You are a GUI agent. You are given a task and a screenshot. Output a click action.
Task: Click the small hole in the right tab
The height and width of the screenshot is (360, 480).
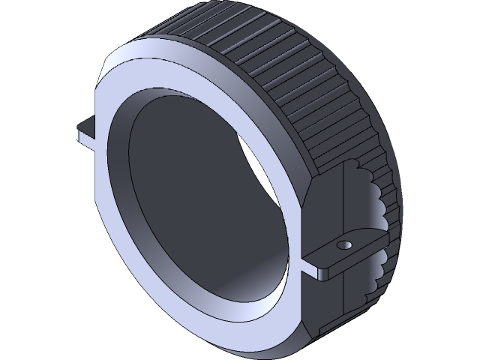click(344, 244)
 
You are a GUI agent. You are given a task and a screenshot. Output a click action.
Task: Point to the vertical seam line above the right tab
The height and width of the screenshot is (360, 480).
click(343, 202)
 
